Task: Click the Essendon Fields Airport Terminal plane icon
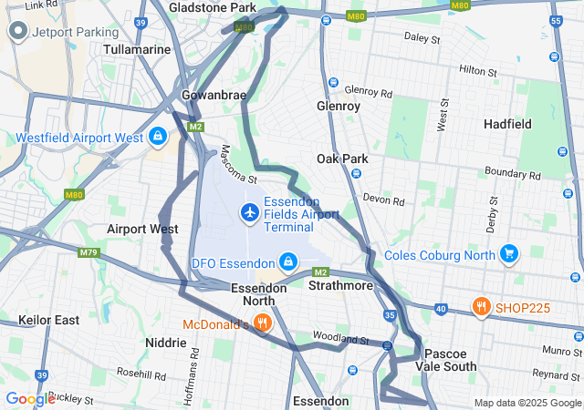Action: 249,212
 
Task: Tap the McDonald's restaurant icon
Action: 262,322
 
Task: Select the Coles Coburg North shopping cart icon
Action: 509,253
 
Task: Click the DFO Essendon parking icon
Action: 288,262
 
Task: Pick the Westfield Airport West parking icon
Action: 159,137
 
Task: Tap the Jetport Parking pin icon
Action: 17,32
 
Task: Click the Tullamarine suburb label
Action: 138,49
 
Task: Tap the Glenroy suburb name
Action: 338,106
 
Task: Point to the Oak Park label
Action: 342,159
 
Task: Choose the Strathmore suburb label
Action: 340,286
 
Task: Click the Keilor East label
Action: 48,320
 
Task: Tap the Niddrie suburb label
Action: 166,343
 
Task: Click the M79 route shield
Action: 88,252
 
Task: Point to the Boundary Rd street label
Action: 513,174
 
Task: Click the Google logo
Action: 29,399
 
